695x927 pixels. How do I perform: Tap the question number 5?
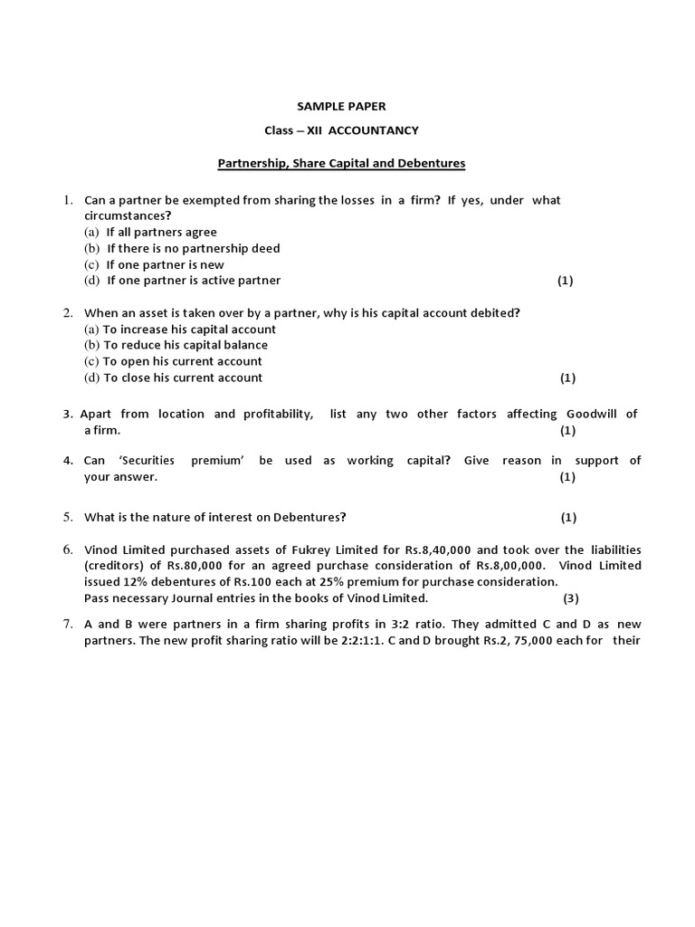click(x=68, y=517)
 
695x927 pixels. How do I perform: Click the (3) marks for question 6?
click(x=570, y=598)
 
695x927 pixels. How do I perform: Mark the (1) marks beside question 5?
click(x=567, y=518)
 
